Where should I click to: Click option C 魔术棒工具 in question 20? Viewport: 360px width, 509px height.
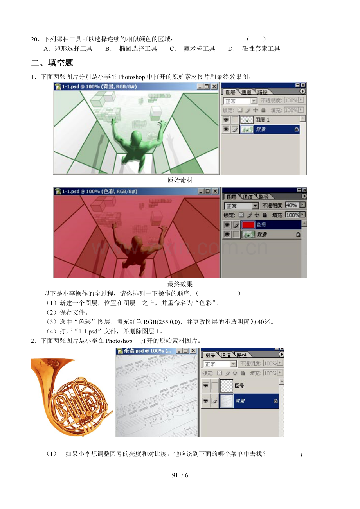pyautogui.click(x=199, y=49)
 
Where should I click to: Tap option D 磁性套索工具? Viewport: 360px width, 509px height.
pyautogui.click(x=261, y=49)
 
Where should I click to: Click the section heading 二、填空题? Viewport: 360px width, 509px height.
pyautogui.click(x=52, y=63)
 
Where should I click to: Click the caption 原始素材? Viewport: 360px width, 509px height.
pyautogui.click(x=180, y=180)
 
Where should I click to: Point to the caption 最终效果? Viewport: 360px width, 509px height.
pyautogui.click(x=180, y=284)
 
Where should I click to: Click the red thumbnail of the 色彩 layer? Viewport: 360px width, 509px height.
pyautogui.click(x=248, y=225)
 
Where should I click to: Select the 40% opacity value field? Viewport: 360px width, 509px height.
pyautogui.click(x=291, y=205)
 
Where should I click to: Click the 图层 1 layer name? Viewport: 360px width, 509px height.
pyautogui.click(x=262, y=120)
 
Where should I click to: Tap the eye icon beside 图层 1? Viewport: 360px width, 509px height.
pyautogui.click(x=226, y=120)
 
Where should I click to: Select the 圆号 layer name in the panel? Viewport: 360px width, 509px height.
pyautogui.click(x=239, y=385)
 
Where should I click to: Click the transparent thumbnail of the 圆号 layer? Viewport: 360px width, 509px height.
pyautogui.click(x=227, y=385)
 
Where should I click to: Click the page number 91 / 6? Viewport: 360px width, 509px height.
pyautogui.click(x=180, y=475)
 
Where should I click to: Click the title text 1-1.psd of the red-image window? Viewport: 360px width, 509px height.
pyautogui.click(x=70, y=192)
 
